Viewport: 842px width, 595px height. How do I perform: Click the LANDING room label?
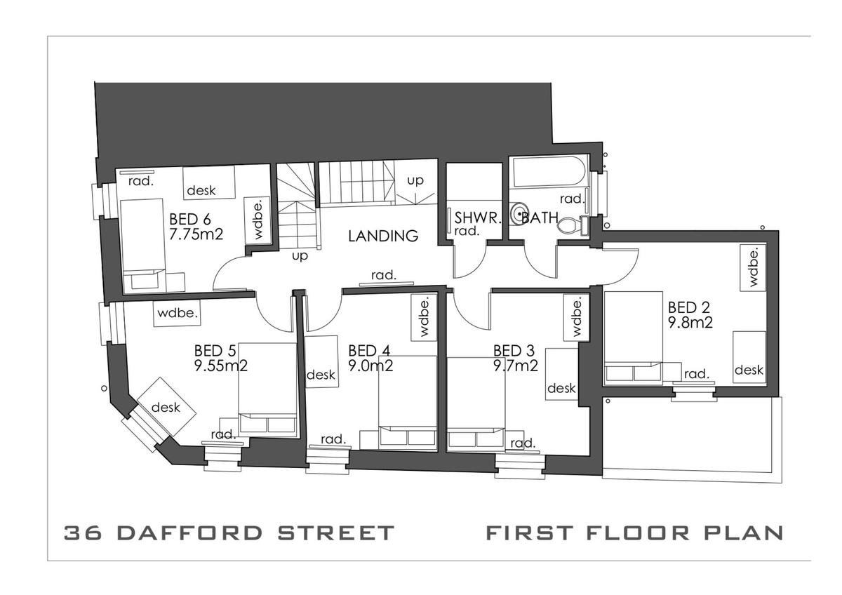[x=383, y=236]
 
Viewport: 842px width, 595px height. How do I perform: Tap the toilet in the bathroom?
[x=571, y=225]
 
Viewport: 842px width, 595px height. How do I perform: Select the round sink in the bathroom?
[x=519, y=214]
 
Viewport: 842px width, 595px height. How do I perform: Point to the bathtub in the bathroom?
[x=549, y=171]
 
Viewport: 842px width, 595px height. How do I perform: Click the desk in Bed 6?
[x=209, y=182]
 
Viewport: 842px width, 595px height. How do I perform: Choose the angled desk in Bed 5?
[x=166, y=406]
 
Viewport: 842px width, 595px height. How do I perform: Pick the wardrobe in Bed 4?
[x=424, y=318]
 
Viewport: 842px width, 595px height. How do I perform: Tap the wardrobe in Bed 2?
[x=753, y=267]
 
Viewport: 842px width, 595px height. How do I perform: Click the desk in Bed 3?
[x=561, y=374]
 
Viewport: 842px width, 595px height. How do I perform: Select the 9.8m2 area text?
[x=690, y=323]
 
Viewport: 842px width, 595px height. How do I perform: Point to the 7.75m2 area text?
[x=196, y=234]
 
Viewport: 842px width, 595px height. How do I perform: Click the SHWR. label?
[x=478, y=218]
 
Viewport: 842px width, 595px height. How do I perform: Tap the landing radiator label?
[x=384, y=275]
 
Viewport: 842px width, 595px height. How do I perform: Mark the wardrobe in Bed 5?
[x=177, y=313]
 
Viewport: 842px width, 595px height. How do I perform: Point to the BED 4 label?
[x=369, y=351]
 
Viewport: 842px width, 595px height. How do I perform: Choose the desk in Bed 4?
[x=321, y=361]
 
